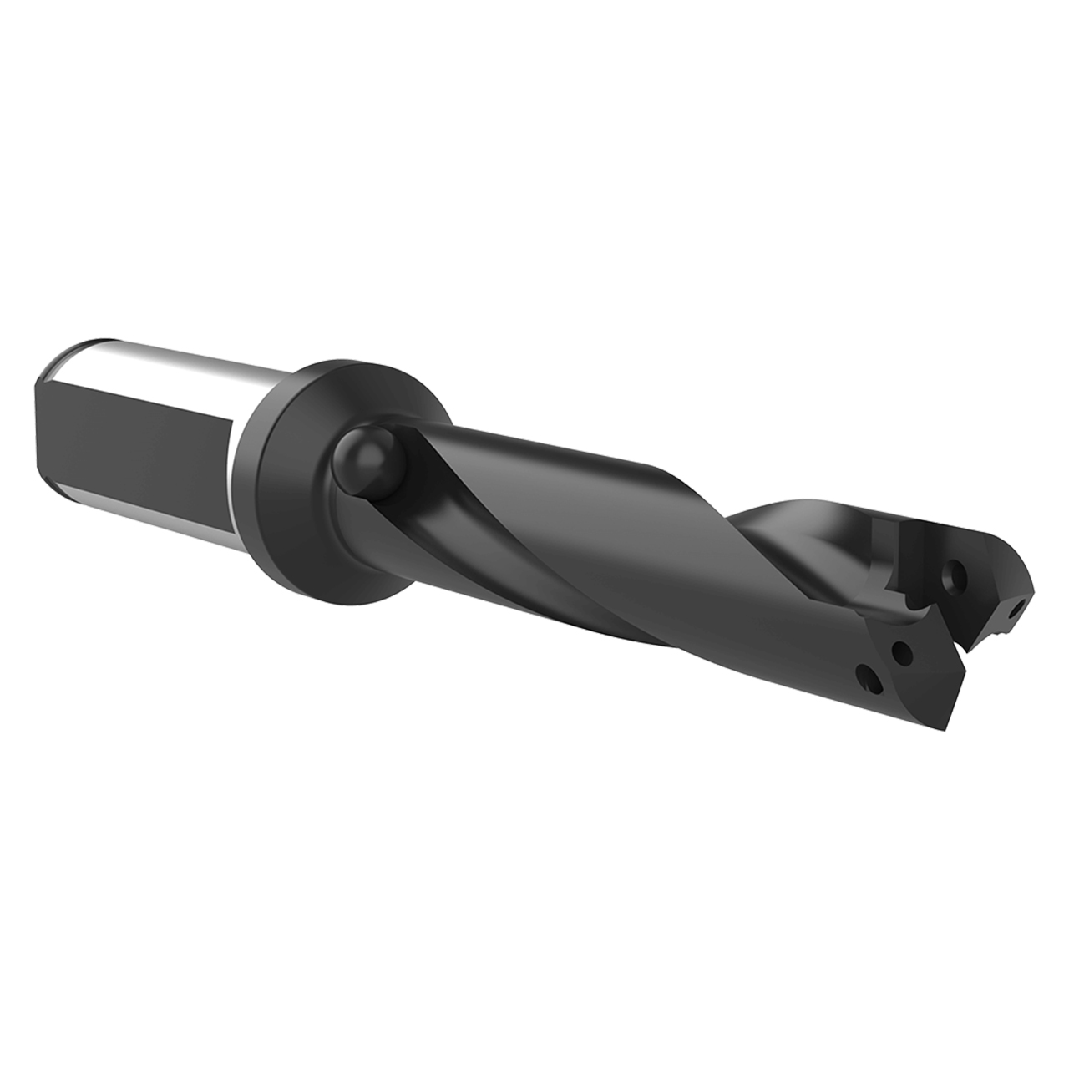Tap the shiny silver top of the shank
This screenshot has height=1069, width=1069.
[x=167, y=360]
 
